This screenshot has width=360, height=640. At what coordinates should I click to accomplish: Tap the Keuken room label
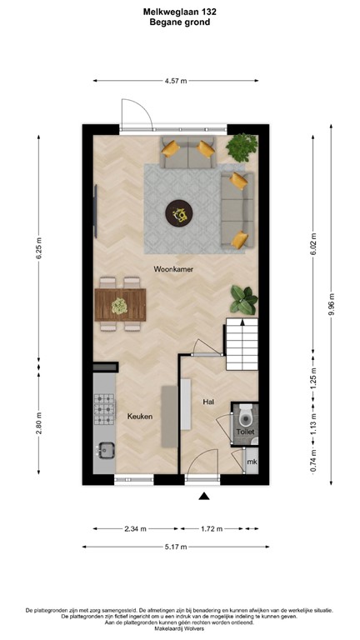coord(139,416)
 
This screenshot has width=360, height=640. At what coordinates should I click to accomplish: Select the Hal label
coord(209,402)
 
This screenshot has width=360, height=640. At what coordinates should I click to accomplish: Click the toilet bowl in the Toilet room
coord(245,415)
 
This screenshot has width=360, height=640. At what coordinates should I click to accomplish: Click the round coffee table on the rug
coord(178,214)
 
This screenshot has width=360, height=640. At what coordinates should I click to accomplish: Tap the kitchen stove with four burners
coord(105,408)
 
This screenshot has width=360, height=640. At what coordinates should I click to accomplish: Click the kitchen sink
coord(105,451)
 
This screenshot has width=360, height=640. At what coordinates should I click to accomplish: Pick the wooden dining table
coord(120,298)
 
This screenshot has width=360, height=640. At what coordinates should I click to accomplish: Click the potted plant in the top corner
coord(242,147)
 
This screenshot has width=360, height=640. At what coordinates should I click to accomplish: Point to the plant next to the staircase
coord(243,298)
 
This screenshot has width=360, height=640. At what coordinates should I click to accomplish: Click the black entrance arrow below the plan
coord(203,497)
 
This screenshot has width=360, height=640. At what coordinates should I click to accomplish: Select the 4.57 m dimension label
coord(176,81)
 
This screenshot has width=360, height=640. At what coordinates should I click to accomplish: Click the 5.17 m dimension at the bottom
coord(175,547)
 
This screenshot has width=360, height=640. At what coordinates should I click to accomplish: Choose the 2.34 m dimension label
coord(136,528)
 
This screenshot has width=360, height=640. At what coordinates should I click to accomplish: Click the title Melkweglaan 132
coord(179,12)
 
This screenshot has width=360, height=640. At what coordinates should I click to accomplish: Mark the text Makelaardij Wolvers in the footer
coord(180,630)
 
